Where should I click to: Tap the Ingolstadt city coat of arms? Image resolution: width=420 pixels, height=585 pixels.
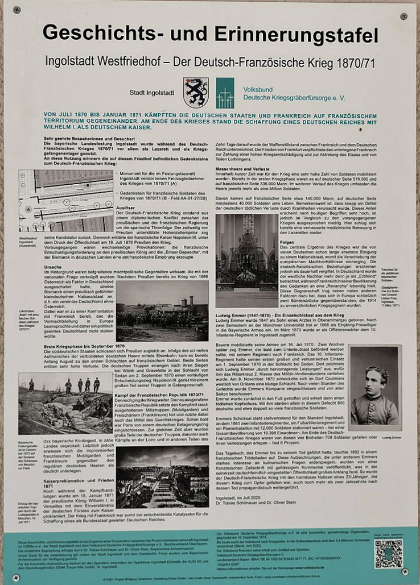click(195, 93)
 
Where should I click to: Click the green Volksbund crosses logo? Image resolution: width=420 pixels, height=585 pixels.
click(225, 93)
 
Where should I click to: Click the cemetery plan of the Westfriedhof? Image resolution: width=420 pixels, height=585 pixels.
click(65, 201)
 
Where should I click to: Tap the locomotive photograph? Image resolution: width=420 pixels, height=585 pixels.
click(162, 312)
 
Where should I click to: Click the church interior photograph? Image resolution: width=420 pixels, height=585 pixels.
click(246, 260)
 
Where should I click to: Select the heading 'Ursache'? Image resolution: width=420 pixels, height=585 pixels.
click(53, 266)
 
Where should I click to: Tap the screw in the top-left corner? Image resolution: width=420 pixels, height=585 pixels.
click(16, 10)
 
